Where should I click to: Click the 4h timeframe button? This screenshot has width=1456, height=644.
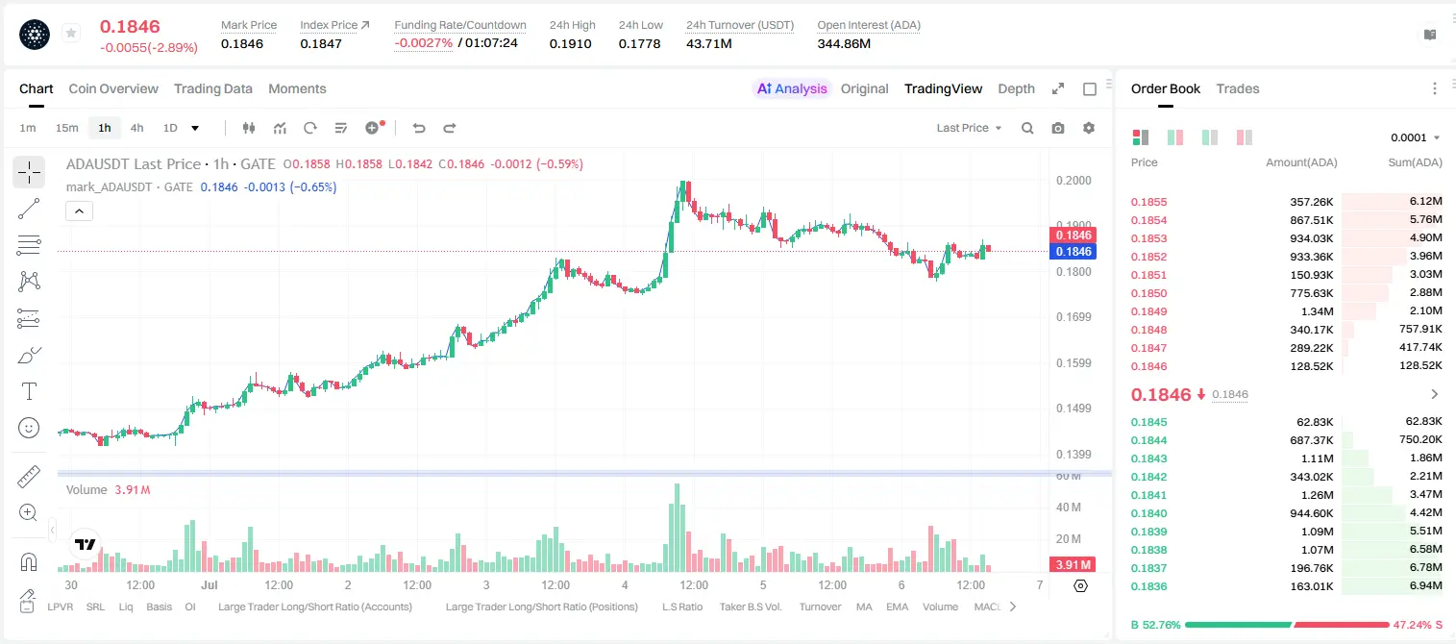(x=136, y=128)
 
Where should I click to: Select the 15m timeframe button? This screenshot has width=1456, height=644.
(x=67, y=128)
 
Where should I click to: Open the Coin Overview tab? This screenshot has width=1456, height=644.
(x=113, y=88)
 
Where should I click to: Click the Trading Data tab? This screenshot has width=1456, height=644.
(x=213, y=88)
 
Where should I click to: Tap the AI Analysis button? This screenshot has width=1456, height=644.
(x=792, y=88)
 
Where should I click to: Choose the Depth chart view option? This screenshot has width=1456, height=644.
(x=1016, y=88)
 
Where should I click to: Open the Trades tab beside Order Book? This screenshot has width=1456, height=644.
(x=1238, y=88)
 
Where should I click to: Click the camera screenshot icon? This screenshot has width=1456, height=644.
(x=1058, y=128)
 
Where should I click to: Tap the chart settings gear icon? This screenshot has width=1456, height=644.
(x=1089, y=128)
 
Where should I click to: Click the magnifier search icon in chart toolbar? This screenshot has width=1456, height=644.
(x=1027, y=128)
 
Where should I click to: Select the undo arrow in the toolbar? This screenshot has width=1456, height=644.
(x=419, y=128)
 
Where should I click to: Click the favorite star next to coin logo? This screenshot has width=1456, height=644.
(x=71, y=33)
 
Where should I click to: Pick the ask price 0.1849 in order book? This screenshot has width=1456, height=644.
(x=1148, y=311)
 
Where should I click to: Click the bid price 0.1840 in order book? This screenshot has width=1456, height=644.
(x=1148, y=513)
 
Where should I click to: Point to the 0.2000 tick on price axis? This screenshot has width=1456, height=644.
(x=1073, y=180)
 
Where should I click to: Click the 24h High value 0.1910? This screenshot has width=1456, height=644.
(x=570, y=43)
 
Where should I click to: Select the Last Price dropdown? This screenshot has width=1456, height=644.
(x=969, y=128)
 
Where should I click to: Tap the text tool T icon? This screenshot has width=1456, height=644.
(x=29, y=391)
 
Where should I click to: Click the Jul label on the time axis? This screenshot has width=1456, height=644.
(x=210, y=584)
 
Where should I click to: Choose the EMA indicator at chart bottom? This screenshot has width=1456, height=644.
(x=897, y=607)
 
